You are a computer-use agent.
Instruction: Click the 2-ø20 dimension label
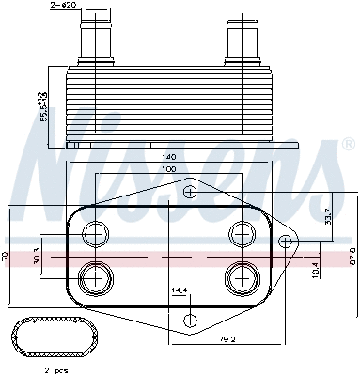[x=63, y=8]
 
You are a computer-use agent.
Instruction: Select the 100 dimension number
[x=170, y=169]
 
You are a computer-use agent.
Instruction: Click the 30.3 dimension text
[x=37, y=257]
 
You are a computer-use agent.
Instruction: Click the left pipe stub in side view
[x=95, y=39]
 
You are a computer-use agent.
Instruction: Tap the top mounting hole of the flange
[x=190, y=193]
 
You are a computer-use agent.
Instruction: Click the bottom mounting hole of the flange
[x=190, y=317]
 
